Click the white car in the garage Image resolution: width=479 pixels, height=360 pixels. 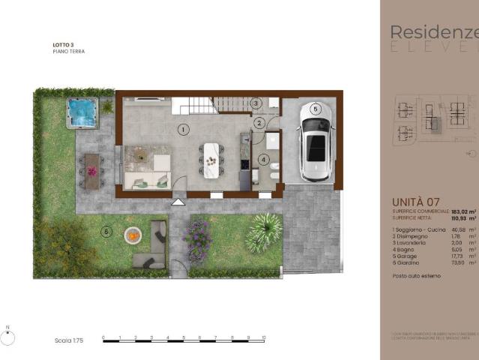[x=316, y=142]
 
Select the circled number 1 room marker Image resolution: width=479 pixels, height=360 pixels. [x=182, y=129]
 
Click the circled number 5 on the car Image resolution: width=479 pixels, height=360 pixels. [x=316, y=109]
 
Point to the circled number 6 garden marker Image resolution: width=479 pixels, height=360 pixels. [x=106, y=232]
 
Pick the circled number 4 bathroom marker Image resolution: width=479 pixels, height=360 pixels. [x=263, y=159]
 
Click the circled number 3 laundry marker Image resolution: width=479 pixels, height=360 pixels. [x=256, y=103]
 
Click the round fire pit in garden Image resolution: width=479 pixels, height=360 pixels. [x=132, y=235]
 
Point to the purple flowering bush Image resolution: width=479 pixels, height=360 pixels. [x=198, y=240]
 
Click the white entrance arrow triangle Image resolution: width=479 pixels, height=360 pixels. [x=178, y=201]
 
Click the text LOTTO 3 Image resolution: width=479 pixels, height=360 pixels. [x=64, y=46]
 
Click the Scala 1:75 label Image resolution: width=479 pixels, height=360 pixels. [x=68, y=340]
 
